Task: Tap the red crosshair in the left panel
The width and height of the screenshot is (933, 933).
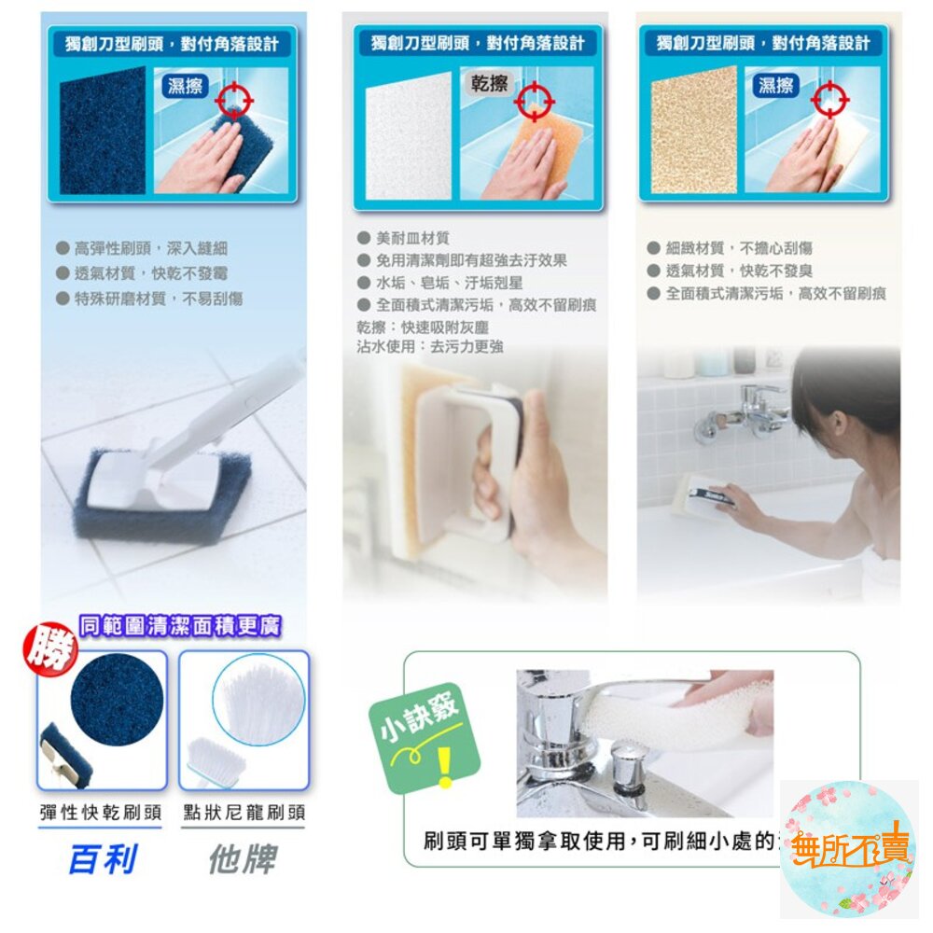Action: coord(235,100)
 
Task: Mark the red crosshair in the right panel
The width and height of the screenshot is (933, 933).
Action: coord(829,97)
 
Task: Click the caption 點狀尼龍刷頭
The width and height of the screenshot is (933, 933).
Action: coord(244,812)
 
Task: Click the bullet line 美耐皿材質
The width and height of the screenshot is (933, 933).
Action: coord(411,239)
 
